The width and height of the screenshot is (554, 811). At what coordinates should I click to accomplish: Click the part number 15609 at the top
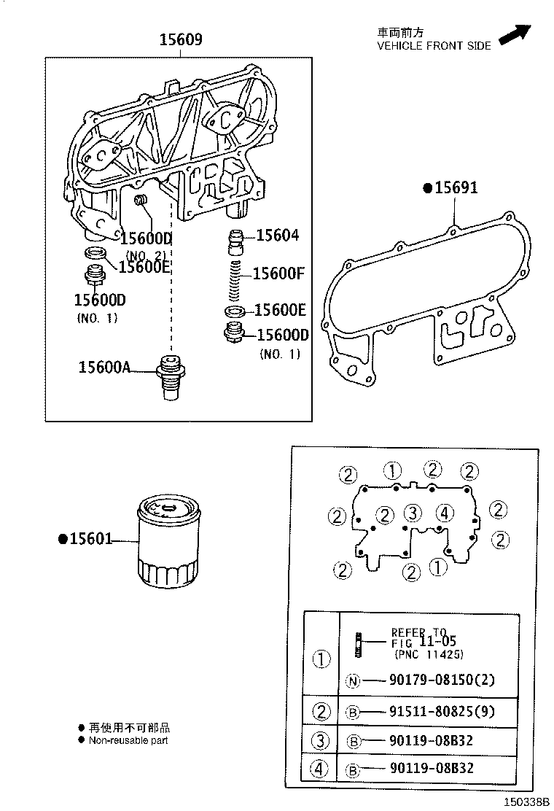pyautogui.click(x=181, y=40)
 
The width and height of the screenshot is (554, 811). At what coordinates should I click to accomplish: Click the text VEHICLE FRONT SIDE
pyautogui.click(x=433, y=45)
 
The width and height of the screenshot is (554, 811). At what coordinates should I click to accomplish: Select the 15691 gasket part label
pyautogui.click(x=456, y=188)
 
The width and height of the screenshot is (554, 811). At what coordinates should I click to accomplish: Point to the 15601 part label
pyautogui.click(x=90, y=539)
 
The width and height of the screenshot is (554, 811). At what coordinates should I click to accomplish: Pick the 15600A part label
pyautogui.click(x=104, y=367)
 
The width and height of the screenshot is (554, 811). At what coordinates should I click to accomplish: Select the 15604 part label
pyautogui.click(x=277, y=236)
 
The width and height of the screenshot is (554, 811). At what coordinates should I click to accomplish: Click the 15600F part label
pyautogui.click(x=278, y=273)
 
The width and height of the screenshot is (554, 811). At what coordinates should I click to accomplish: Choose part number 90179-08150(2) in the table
pyautogui.click(x=431, y=680)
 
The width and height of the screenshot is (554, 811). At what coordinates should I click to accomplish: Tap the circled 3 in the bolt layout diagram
pyautogui.click(x=412, y=512)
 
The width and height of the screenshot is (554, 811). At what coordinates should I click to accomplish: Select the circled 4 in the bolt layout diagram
pyautogui.click(x=446, y=512)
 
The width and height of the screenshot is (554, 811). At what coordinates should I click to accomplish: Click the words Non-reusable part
pyautogui.click(x=128, y=740)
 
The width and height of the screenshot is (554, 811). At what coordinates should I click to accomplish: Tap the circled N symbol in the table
pyautogui.click(x=353, y=681)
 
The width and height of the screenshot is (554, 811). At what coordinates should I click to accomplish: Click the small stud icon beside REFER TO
pyautogui.click(x=359, y=643)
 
